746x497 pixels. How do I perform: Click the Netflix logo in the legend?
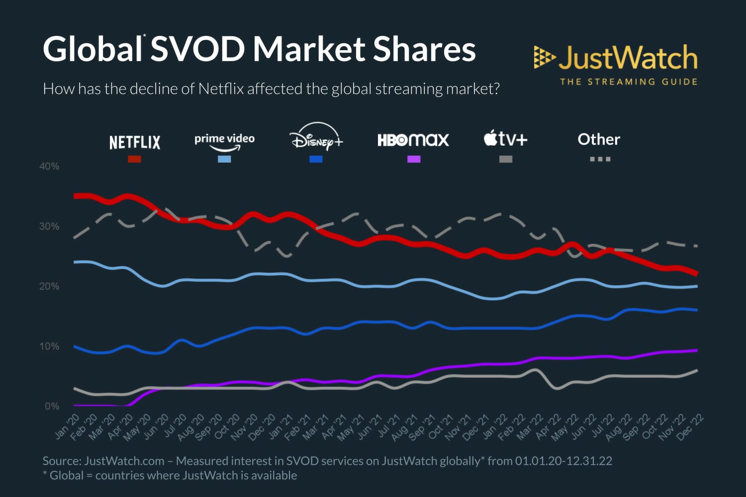[x=135, y=143]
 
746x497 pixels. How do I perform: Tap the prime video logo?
[x=224, y=141]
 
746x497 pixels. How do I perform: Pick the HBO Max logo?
[x=413, y=140]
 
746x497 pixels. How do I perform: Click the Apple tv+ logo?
[x=505, y=139]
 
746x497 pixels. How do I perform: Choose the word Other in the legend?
[x=599, y=140]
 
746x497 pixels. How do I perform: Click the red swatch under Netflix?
[x=134, y=159]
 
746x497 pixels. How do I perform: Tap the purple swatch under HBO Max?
[x=414, y=159]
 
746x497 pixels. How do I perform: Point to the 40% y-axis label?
[x=49, y=166]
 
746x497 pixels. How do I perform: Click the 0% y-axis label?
[x=52, y=407]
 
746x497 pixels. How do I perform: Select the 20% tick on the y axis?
[x=49, y=286]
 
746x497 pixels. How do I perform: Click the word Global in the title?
[x=93, y=49]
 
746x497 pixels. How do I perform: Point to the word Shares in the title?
[x=424, y=49]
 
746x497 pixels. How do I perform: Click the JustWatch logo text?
[x=628, y=58]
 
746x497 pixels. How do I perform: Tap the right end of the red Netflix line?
[x=696, y=273]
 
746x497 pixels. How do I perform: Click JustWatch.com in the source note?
[x=124, y=461]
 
